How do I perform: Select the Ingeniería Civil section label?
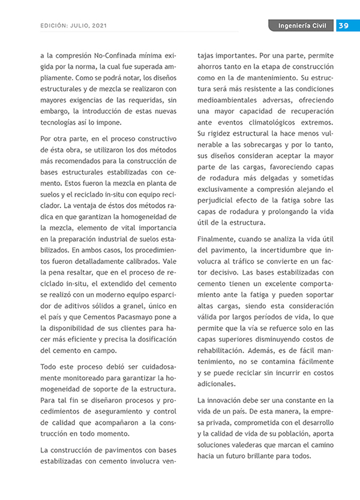point(302,26)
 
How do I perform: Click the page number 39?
point(344,26)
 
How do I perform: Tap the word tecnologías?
point(58,122)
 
